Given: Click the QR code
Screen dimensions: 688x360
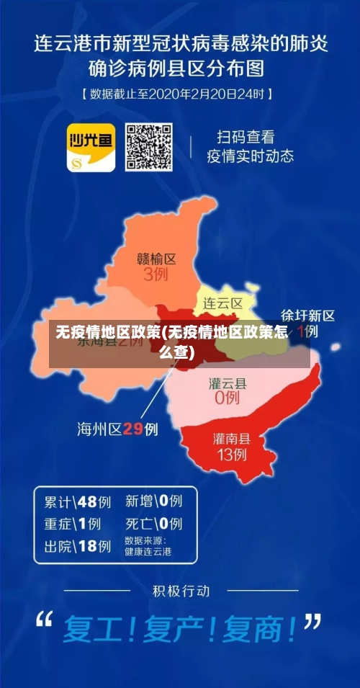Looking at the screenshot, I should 149,148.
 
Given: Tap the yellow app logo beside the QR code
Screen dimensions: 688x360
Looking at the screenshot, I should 91,148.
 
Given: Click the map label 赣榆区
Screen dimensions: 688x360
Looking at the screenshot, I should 156,259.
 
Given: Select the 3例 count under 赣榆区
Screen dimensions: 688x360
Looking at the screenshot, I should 156,274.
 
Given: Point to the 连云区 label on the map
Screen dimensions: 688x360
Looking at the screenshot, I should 222,303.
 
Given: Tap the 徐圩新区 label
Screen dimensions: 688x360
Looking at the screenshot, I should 307,316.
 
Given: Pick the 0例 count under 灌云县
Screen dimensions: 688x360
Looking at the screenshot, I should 227,397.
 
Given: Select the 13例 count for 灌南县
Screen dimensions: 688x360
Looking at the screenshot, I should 231,454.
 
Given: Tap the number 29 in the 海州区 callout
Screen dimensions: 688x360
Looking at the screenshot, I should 133,429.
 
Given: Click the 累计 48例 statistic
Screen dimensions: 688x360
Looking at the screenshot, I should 77,501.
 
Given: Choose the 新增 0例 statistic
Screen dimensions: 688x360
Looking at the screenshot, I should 153,501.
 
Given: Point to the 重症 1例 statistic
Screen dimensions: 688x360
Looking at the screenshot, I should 72,524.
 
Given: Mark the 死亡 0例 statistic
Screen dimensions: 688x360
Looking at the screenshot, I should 153,524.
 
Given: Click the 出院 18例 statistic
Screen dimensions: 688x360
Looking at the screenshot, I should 77,547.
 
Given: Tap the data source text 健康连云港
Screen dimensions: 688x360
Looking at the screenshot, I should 148,552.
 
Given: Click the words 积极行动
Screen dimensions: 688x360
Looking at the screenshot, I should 181,591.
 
